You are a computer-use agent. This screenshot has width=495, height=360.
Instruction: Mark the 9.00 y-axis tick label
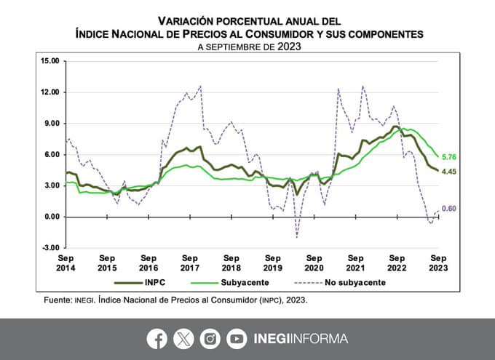click(50, 123)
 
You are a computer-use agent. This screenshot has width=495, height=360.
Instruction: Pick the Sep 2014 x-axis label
click(66, 263)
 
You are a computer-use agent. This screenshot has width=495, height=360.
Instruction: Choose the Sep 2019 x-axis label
click(273, 263)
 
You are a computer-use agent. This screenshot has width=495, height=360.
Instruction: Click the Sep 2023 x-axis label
click(438, 263)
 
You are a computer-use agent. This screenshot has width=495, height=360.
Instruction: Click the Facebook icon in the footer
click(157, 338)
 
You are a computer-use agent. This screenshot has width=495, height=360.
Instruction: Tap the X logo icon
click(183, 338)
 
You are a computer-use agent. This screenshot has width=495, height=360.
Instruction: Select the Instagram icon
click(210, 338)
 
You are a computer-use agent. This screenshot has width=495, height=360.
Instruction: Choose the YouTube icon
click(237, 338)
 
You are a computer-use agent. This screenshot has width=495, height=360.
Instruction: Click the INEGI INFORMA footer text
click(300, 338)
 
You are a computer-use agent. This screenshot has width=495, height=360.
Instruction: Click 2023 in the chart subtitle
click(287, 46)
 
